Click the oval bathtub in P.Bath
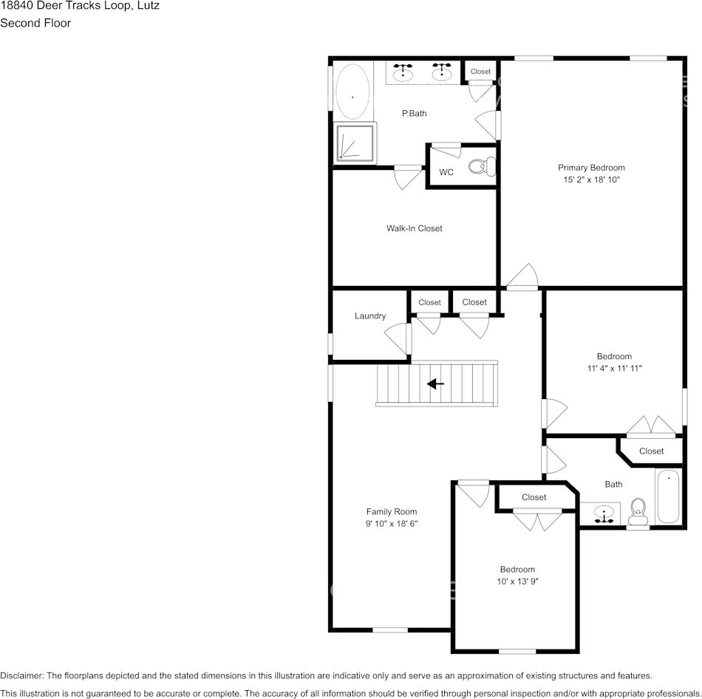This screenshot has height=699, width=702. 352,92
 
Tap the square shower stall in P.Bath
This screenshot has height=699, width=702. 355,143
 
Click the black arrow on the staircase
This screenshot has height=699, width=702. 435,383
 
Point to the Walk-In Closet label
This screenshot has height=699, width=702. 414,228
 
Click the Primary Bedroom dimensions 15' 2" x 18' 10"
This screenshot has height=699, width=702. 591,180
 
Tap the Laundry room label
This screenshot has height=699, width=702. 369,316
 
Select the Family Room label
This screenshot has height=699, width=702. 392,511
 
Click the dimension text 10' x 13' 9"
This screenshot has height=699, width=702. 517,582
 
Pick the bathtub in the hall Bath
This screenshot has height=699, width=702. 669,496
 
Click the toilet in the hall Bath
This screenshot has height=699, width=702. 638,512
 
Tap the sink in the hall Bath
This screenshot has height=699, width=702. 604,514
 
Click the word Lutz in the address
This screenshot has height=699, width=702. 149,6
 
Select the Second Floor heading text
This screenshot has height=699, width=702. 35,23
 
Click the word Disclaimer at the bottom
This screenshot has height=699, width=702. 21,675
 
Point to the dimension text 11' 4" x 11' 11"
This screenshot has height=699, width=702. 614,369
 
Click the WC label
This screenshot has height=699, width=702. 446,172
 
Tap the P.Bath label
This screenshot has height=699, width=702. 414,114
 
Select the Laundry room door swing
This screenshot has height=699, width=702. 398,338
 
